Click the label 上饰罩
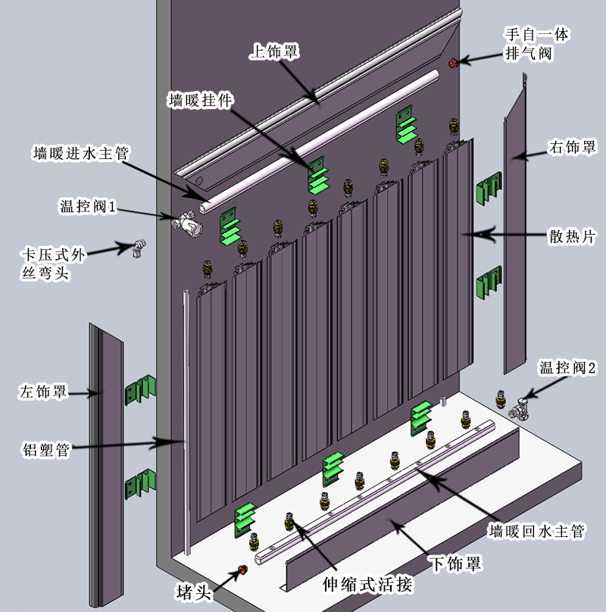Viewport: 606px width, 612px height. pyautogui.click(x=274, y=52)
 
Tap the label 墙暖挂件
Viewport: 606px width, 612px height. pyautogui.click(x=201, y=100)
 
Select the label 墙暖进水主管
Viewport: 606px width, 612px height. pyautogui.click(x=81, y=153)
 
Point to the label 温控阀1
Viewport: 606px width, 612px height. pyautogui.click(x=87, y=206)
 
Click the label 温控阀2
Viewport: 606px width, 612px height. pyautogui.click(x=567, y=367)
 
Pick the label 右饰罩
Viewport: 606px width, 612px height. pyautogui.click(x=573, y=148)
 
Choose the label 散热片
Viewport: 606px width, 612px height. pyautogui.click(x=572, y=236)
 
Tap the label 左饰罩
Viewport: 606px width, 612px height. pyautogui.click(x=43, y=392)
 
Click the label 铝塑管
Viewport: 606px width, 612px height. pyautogui.click(x=45, y=450)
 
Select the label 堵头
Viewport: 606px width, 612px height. pyautogui.click(x=194, y=592)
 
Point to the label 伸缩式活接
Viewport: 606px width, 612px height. pyautogui.click(x=367, y=584)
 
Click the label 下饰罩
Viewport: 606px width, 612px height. pyautogui.click(x=456, y=564)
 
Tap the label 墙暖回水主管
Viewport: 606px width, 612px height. pyautogui.click(x=536, y=531)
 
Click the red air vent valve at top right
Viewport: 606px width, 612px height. pyautogui.click(x=453, y=62)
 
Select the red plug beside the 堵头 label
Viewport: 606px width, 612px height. pyautogui.click(x=242, y=570)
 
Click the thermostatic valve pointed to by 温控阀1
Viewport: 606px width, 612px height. pyautogui.click(x=187, y=223)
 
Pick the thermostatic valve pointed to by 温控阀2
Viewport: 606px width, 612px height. pyautogui.click(x=520, y=409)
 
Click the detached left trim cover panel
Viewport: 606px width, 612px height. pyautogui.click(x=106, y=465)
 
